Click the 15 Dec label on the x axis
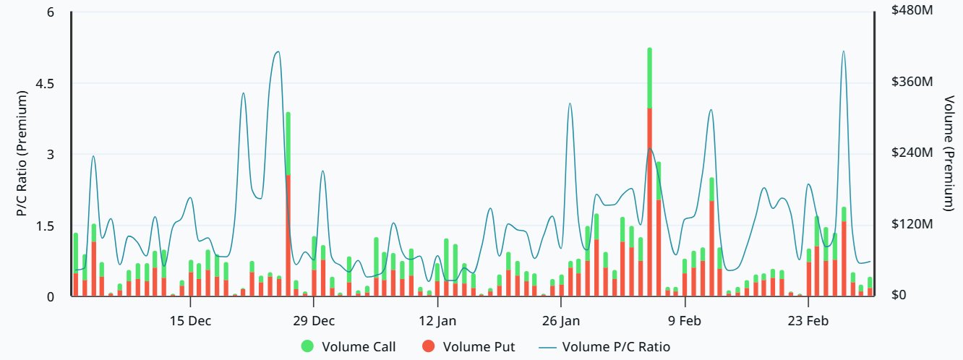190,321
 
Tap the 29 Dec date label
314,321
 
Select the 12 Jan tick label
437,321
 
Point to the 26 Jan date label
561,321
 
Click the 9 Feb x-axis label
685,321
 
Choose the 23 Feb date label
808,321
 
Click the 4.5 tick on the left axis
45,83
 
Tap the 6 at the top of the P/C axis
51,12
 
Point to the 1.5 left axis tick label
45,226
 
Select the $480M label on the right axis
912,10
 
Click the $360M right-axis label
912,81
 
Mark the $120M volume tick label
912,223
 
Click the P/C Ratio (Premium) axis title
22,153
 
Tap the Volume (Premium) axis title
949,153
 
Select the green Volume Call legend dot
307,346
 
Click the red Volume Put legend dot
428,346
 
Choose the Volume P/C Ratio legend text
616,347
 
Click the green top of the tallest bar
650,78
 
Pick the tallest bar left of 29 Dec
288,204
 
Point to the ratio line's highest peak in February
844,51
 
